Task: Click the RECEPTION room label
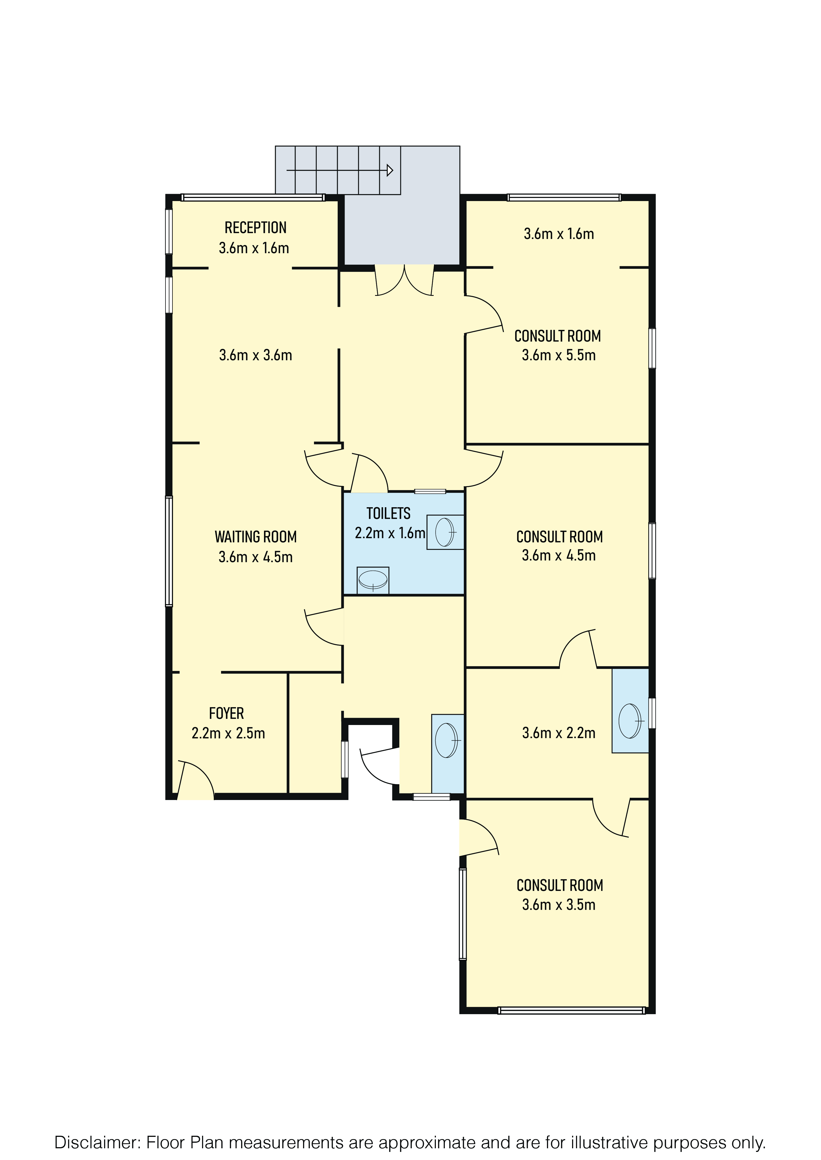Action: (255, 228)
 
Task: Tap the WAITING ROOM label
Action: (255, 536)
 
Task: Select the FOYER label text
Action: (227, 713)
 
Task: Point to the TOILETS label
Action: (388, 513)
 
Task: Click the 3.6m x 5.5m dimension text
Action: (559, 355)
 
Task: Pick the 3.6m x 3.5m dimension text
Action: (559, 904)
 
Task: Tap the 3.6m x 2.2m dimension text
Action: (559, 733)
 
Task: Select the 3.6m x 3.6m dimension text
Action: (255, 355)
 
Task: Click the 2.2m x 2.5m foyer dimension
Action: (228, 733)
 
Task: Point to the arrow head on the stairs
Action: (390, 170)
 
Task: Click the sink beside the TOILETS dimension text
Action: (445, 532)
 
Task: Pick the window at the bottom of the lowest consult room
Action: (571, 1011)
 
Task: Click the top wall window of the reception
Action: (253, 197)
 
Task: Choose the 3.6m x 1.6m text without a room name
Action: (559, 234)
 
